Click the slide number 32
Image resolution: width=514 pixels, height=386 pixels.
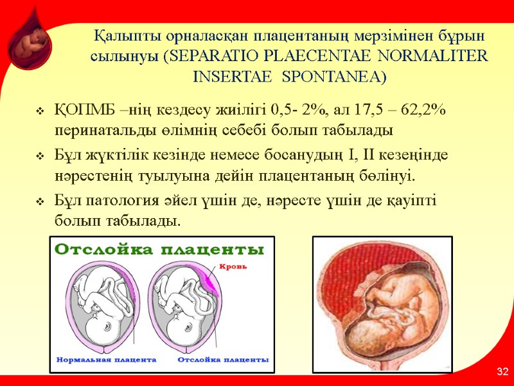coord(502,372)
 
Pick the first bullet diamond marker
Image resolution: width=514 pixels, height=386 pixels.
coord(40,111)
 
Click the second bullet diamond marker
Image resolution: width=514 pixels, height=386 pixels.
coord(40,157)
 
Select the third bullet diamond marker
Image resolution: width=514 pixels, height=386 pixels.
coord(40,202)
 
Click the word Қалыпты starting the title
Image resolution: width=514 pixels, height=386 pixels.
coord(125,34)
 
